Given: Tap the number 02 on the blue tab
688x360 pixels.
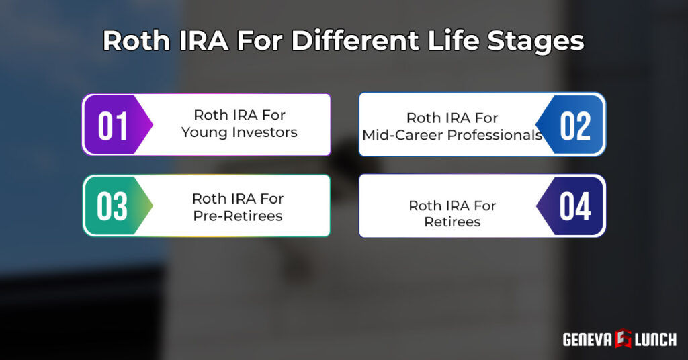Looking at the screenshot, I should (575, 126).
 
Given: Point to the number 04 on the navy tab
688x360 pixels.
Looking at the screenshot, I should (575, 206).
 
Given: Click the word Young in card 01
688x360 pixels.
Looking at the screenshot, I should (205, 132).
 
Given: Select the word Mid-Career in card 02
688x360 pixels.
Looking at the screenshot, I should (396, 135).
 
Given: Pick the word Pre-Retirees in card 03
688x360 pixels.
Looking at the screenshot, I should (237, 216).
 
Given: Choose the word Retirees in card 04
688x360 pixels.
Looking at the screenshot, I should (452, 222).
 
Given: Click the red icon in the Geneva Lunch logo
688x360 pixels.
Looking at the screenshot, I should (622, 339).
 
